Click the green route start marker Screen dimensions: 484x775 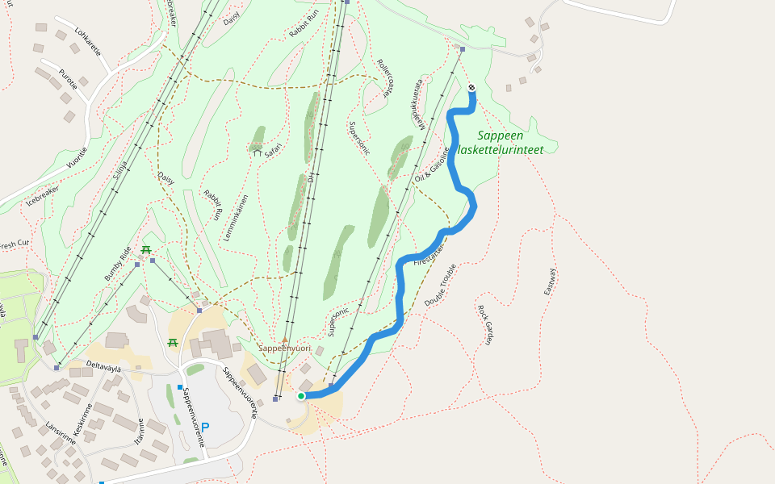(301, 395)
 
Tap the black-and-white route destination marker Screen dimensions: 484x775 (471, 88)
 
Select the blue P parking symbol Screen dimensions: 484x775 (205, 427)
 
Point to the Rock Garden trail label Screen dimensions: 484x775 (484, 324)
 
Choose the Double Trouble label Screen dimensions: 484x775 (440, 285)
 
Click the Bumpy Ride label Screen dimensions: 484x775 (118, 263)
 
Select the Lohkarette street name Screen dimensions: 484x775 (87, 41)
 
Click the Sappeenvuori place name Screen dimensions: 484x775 (284, 348)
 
